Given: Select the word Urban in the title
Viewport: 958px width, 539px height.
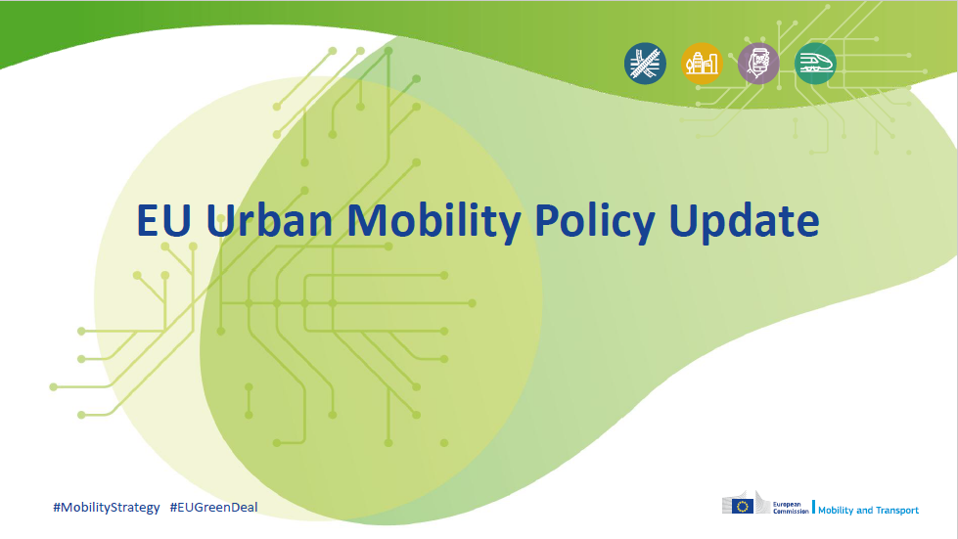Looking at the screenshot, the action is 269,219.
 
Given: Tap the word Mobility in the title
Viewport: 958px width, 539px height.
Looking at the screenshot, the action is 433,223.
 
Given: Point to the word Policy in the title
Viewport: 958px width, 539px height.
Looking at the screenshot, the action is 595,223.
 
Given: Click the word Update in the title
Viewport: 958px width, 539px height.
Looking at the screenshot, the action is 744,223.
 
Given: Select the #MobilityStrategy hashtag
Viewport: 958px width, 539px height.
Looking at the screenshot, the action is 107,508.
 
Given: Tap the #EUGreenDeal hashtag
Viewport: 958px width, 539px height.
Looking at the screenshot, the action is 214,508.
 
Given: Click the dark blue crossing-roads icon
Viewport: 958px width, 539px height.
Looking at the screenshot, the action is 645,64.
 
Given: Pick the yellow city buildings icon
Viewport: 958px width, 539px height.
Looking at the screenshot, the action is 702,64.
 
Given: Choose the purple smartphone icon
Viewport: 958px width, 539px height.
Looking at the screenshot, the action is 758,64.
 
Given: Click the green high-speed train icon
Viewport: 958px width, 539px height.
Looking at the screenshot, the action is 815,64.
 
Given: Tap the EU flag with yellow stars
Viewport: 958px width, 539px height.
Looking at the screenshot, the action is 743,506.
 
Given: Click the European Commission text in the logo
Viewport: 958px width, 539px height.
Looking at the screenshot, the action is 791,508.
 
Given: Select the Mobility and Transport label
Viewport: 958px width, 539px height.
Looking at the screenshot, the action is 868,511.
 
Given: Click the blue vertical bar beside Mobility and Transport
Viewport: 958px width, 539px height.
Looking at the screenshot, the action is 813,508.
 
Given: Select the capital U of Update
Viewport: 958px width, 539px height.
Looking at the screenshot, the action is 683,220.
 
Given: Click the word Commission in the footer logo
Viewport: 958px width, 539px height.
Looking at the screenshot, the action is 791,512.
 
